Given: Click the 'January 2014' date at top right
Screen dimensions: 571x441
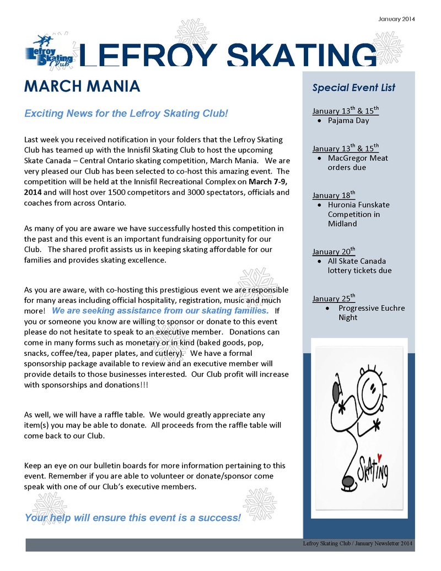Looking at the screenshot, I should (x=396, y=19).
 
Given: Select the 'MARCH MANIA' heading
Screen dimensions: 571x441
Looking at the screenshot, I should (x=82, y=87).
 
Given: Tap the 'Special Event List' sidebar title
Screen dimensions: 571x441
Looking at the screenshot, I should (x=353, y=87).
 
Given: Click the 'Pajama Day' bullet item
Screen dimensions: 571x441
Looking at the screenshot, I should (x=348, y=120).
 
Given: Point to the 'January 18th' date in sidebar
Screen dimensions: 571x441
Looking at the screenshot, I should (x=334, y=195).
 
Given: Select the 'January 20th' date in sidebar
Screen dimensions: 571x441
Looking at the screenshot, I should (x=334, y=251).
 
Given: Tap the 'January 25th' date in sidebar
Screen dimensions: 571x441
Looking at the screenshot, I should (x=334, y=298).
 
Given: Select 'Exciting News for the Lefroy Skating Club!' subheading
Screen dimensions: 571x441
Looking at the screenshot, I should (x=126, y=114).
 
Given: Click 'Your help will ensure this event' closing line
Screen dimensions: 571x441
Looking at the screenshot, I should (x=132, y=517).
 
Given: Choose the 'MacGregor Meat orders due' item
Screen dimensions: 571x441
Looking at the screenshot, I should (x=358, y=162).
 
